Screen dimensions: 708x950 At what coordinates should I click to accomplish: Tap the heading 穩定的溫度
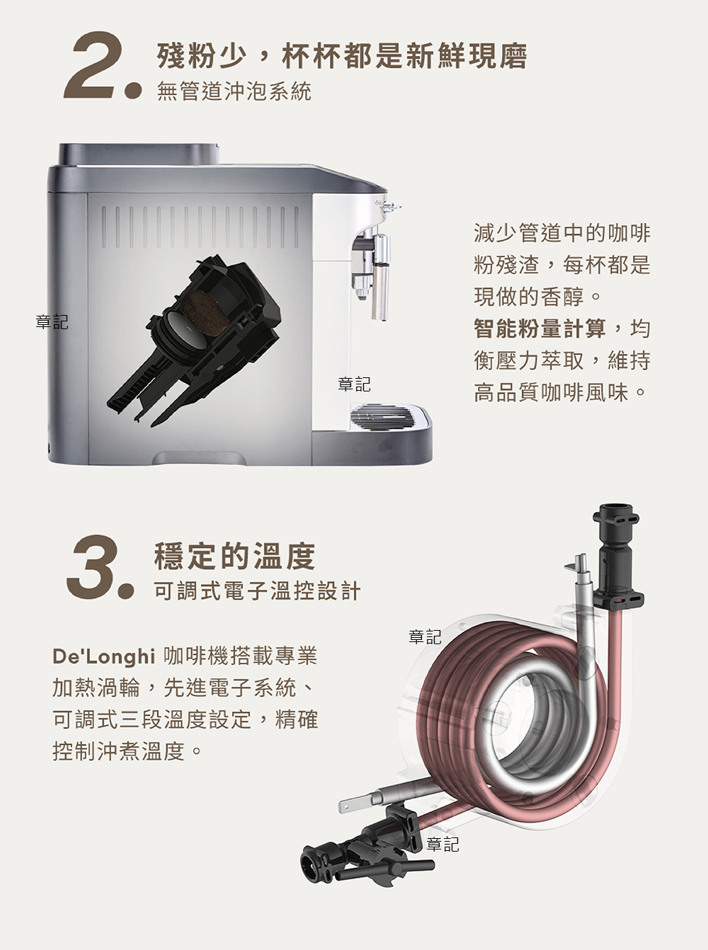pos(234,556)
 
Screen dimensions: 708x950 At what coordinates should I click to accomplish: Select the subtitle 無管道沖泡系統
pos(234,91)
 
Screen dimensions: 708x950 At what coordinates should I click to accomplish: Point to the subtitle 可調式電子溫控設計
pos(257,591)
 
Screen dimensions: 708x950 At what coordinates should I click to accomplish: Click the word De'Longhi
pos(103,656)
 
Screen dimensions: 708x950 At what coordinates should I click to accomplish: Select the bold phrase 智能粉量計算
pos(540,328)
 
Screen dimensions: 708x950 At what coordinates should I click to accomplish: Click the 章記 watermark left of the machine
pos(52,321)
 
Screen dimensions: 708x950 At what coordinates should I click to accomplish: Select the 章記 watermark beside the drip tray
pos(354,384)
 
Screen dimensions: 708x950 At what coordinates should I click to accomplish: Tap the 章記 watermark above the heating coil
pos(425,636)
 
